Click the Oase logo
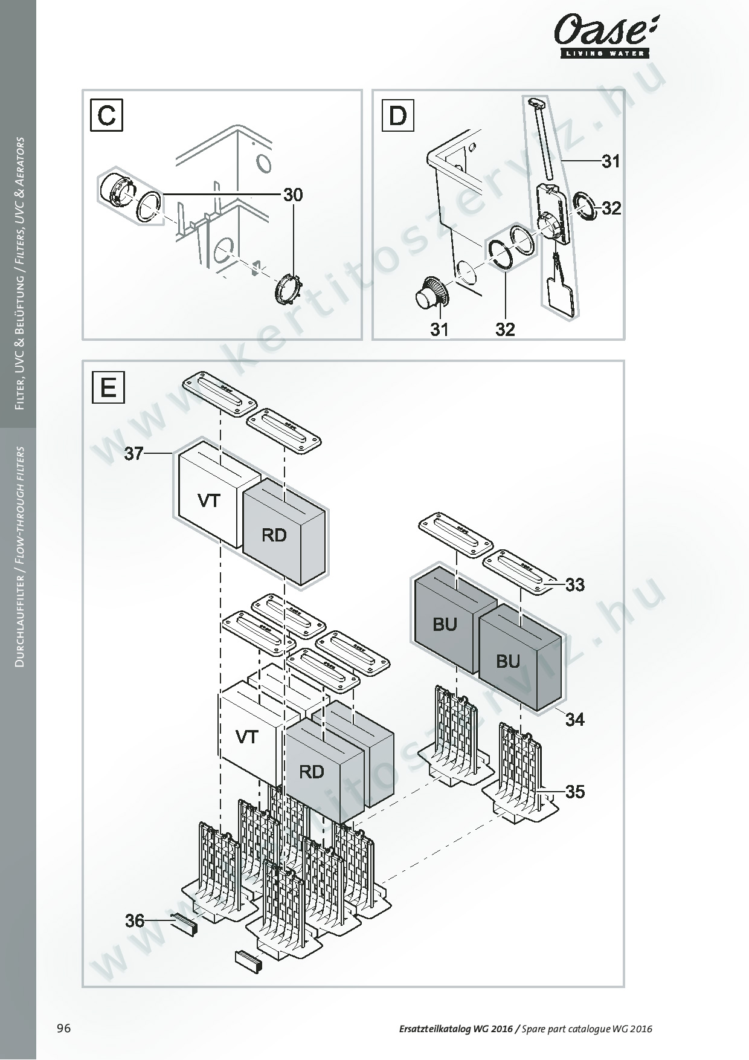coord(606,37)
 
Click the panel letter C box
coord(107,115)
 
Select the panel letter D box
coord(398,115)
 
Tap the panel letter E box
coord(108,387)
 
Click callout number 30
coord(293,195)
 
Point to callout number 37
coord(134,453)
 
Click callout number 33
coord(575,585)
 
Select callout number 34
coord(575,719)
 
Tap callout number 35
coord(575,792)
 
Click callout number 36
coord(135,920)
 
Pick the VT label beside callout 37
coord(209,500)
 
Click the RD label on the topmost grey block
coord(274,535)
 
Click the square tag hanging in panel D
coord(561,296)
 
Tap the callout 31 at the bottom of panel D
coord(440,329)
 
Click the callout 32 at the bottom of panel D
coord(505,329)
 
